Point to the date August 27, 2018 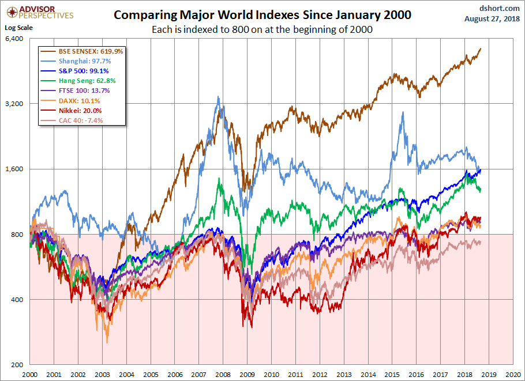[492, 18]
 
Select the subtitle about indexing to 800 [262, 29]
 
